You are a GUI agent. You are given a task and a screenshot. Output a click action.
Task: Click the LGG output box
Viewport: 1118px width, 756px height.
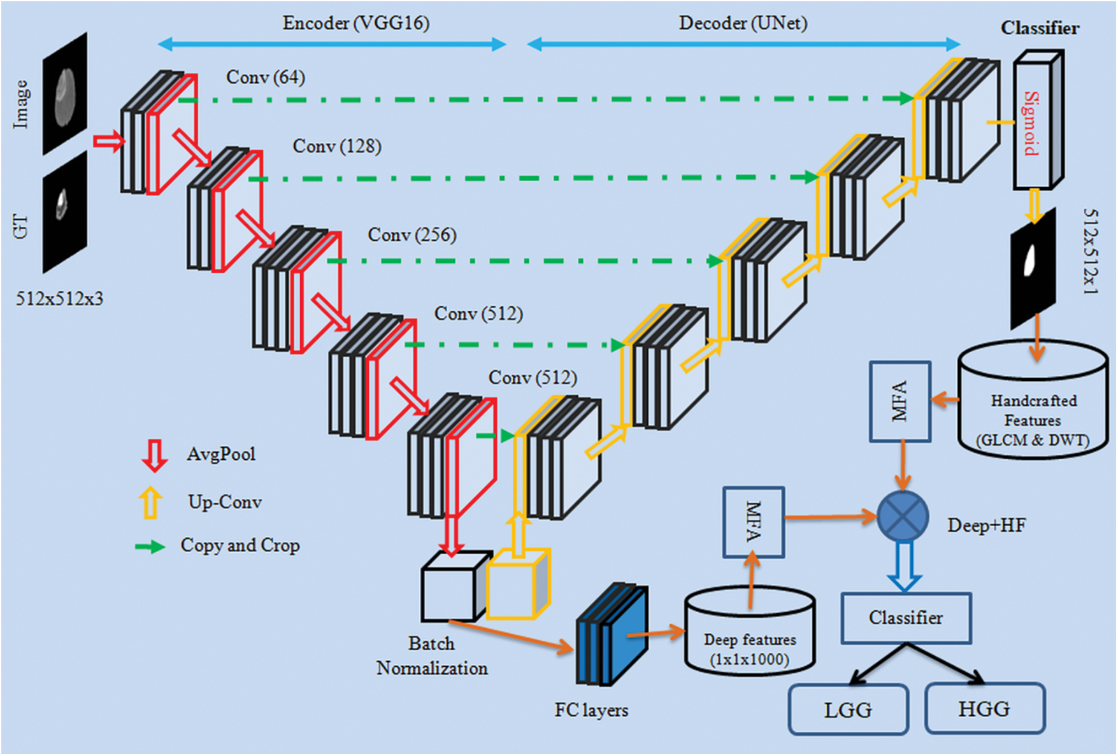(x=848, y=710)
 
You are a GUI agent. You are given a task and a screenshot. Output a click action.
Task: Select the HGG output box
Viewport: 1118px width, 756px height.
(x=984, y=708)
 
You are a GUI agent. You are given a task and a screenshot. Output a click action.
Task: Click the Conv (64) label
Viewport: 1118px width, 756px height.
(x=266, y=77)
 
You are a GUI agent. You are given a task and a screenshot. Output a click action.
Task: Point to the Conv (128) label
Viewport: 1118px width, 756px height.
(x=337, y=146)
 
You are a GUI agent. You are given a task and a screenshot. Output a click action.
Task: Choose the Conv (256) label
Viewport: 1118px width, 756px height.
(x=412, y=235)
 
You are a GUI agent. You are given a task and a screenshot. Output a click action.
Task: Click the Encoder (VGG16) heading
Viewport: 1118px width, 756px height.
(x=356, y=24)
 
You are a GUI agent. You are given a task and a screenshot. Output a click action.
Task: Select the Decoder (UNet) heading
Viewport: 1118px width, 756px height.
(x=743, y=24)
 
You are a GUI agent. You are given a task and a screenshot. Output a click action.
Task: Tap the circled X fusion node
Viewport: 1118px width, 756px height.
(x=903, y=517)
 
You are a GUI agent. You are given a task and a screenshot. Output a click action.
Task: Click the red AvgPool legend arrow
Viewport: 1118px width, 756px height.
(x=154, y=455)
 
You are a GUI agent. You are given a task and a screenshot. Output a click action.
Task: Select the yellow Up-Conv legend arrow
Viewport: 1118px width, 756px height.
(x=151, y=503)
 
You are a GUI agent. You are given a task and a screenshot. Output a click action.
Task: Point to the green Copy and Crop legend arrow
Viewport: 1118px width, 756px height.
(x=150, y=546)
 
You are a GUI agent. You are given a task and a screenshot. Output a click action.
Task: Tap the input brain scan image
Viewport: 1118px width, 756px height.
(x=65, y=94)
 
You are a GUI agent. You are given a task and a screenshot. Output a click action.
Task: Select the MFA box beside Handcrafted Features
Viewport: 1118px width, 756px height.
(x=899, y=402)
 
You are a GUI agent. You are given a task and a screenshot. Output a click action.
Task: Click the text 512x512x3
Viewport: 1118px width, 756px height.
(x=59, y=299)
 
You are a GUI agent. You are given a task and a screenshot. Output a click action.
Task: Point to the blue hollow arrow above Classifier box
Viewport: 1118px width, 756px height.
(x=905, y=566)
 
